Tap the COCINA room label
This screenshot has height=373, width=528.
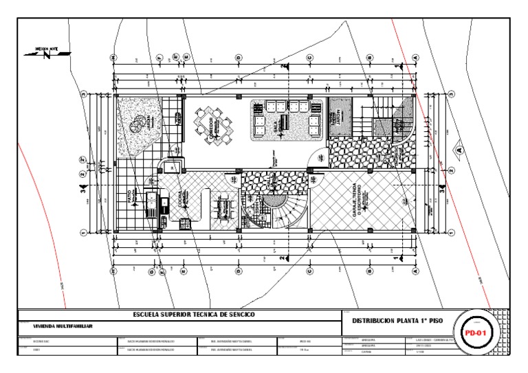tap(180, 199)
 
